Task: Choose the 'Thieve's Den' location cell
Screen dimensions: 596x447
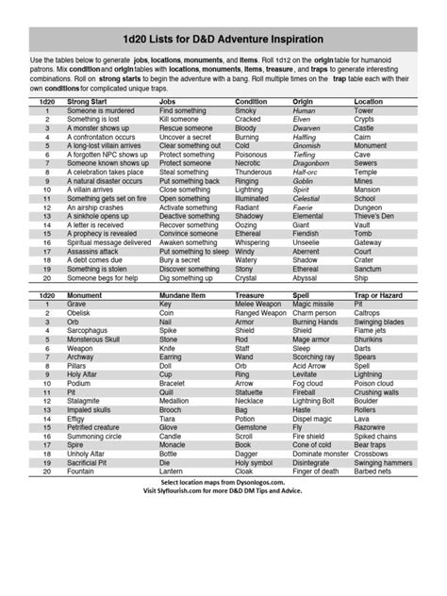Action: click(x=375, y=216)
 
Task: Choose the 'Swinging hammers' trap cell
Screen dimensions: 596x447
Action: click(x=383, y=463)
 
